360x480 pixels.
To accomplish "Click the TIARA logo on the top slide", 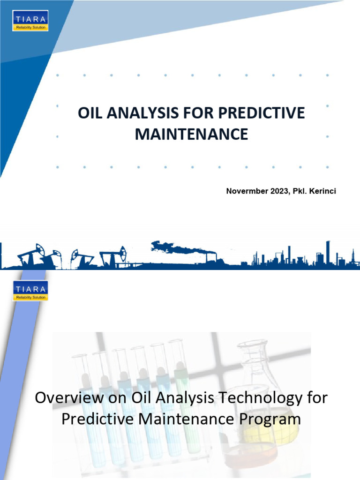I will click(30, 21).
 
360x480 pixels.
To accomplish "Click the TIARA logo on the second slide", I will click(30, 291).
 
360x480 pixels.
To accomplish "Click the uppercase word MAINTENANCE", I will click(191, 135).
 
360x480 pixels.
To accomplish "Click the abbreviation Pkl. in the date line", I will click(300, 191).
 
